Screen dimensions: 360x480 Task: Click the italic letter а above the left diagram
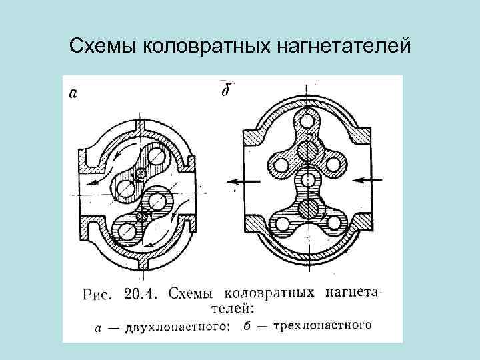[x=73, y=94]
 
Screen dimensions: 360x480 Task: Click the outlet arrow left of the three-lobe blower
[x=240, y=180]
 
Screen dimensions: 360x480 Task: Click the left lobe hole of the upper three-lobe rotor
[x=277, y=163]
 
